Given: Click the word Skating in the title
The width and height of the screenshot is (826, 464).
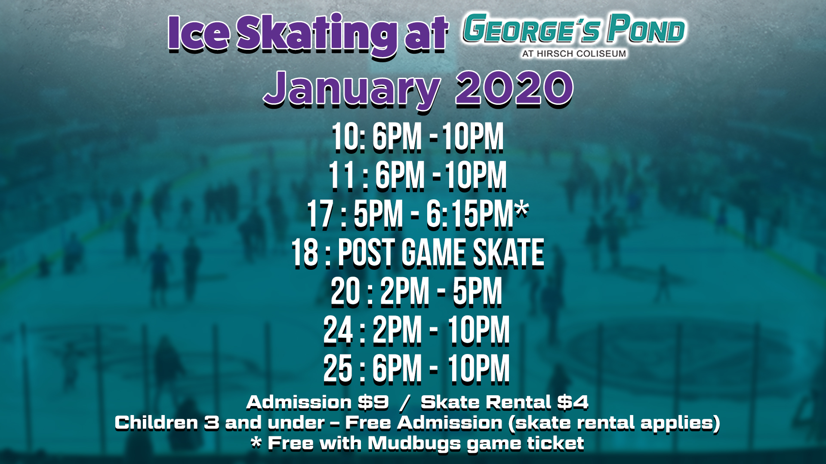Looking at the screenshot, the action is (317, 34).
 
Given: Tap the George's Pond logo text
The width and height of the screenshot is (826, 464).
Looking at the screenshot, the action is (574, 29).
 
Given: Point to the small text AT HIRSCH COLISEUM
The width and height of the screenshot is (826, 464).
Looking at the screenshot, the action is (574, 54).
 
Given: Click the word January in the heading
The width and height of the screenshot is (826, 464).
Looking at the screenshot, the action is (352, 89).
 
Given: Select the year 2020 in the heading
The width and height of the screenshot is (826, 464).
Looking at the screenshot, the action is (515, 88).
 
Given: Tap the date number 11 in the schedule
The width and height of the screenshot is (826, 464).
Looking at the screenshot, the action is (342, 176).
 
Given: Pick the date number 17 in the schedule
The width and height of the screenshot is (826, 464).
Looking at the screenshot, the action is (321, 214).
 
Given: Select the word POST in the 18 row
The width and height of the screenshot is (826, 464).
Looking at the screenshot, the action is (366, 253).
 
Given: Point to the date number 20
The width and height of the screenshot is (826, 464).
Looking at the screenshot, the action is (345, 292).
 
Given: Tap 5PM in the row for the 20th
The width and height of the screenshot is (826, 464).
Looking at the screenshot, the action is (478, 292).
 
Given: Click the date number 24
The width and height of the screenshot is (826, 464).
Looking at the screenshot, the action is (338, 330).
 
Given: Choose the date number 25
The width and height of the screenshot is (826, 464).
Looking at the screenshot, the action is (338, 369).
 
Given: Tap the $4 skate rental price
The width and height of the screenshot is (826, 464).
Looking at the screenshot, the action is (573, 403).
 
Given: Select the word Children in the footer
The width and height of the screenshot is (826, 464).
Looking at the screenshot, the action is (157, 423).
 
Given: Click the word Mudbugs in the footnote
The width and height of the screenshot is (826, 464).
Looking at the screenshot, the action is (414, 443).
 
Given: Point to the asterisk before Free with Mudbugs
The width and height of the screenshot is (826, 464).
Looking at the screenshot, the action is (256, 442).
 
